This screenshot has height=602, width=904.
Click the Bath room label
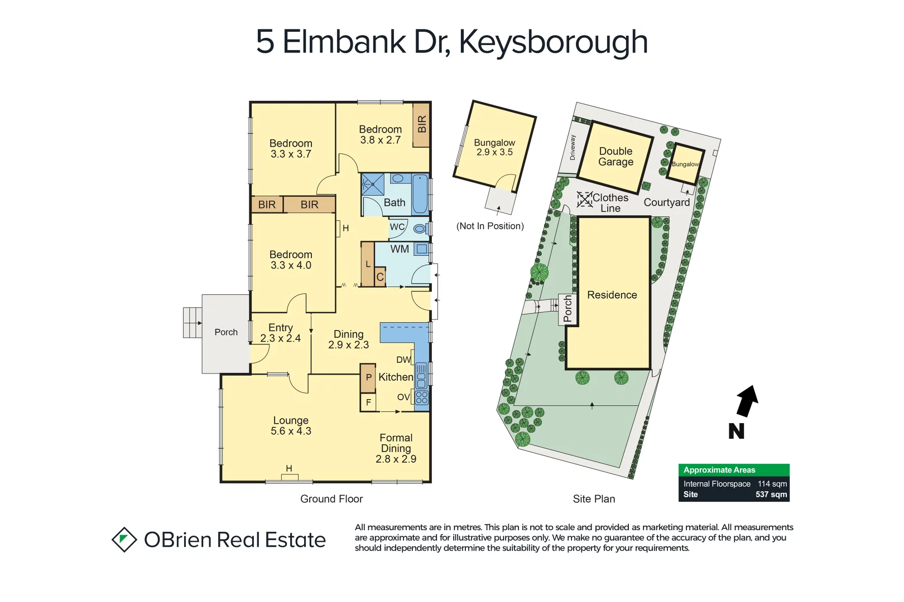coord(395,203)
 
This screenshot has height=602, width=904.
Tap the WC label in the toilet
coord(397,227)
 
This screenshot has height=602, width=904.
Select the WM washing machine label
coord(400,249)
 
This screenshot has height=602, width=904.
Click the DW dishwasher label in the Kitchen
coord(403,360)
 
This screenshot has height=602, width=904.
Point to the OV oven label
coord(403,397)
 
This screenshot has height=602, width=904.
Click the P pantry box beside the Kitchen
coord(368,377)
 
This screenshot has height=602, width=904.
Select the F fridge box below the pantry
coord(368,402)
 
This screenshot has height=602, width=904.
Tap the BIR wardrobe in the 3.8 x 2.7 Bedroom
coord(422,124)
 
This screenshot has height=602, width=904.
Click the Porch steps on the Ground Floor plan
coord(193,323)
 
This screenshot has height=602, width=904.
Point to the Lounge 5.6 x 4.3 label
coord(291,426)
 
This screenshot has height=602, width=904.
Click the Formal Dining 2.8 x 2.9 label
coord(396,448)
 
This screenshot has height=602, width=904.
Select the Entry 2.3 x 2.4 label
coord(280,333)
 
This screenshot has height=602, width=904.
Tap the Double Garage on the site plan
coord(616,157)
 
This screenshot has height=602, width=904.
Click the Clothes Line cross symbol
coord(584,200)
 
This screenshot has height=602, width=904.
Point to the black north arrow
coord(747,401)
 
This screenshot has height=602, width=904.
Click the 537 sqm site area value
coord(771,494)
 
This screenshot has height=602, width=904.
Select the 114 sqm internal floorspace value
coord(772,484)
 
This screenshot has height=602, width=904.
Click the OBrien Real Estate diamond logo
coord(124,540)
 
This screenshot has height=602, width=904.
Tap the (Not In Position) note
coord(490,226)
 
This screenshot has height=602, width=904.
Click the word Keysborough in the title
coord(553,42)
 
